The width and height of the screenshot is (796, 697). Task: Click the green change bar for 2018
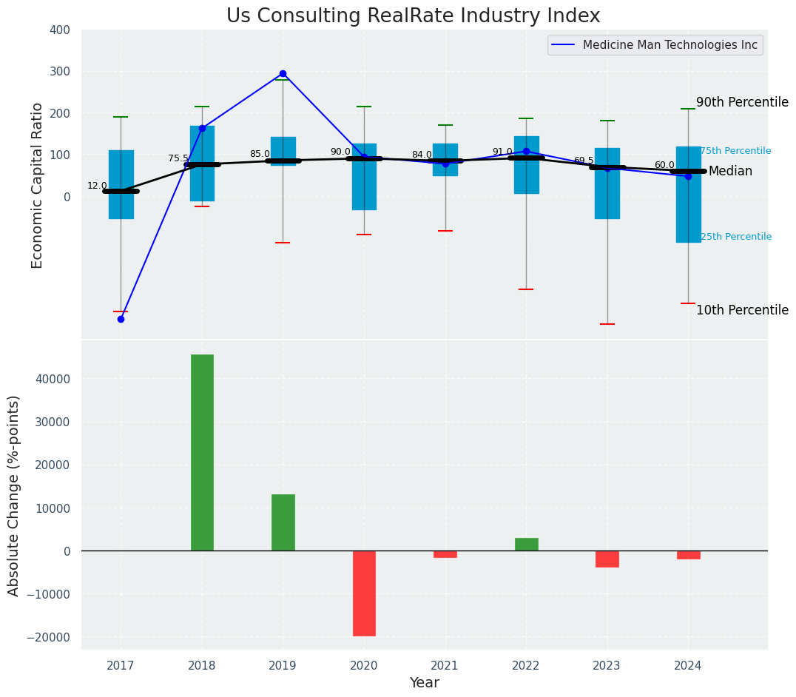coord(202,452)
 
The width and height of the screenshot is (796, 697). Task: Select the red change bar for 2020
coord(364,593)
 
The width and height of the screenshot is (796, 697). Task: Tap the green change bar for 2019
coord(283,522)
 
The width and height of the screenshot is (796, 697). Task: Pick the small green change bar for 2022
coord(526,545)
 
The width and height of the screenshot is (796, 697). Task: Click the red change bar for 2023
coord(607,559)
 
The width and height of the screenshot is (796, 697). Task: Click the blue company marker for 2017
coord(121,319)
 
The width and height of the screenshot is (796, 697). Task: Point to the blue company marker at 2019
coord(283,74)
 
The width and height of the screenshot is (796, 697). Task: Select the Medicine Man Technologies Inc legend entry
coord(669,45)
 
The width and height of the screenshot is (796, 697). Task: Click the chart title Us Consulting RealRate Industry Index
coord(413,16)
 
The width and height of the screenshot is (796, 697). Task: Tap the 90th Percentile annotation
coord(742,103)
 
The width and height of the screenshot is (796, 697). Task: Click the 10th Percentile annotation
coord(742,311)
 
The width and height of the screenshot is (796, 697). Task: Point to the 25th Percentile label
coord(735,237)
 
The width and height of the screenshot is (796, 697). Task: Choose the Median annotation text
coord(730,172)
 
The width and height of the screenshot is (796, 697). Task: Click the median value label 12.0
coord(97,186)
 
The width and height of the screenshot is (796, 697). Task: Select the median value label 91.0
coord(502,152)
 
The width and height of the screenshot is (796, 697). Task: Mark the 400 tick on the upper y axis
coord(60,30)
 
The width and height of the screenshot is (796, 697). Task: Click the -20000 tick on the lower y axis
coord(50,637)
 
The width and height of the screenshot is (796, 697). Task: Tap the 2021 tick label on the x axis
coord(445,666)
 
